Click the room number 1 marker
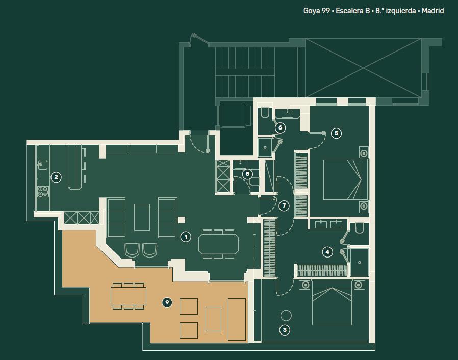coord(186,237)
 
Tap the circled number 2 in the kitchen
coord(56,177)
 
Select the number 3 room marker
coord(285,330)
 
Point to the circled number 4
coord(327,252)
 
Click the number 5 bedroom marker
coord(336,133)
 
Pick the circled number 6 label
coord(280,127)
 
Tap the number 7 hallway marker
coord(284,205)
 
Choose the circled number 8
coord(247,174)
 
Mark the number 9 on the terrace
coord(167,302)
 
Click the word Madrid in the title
coord(433,11)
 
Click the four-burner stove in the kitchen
coord(43,192)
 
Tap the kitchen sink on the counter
coord(42,165)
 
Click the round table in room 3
coord(286,315)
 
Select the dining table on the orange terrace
coord(129,296)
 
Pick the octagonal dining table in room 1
coord(218,244)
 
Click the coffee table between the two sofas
coord(142,217)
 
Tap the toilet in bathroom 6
coord(265,112)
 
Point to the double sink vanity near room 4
coord(328,224)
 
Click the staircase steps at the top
coord(245,72)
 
